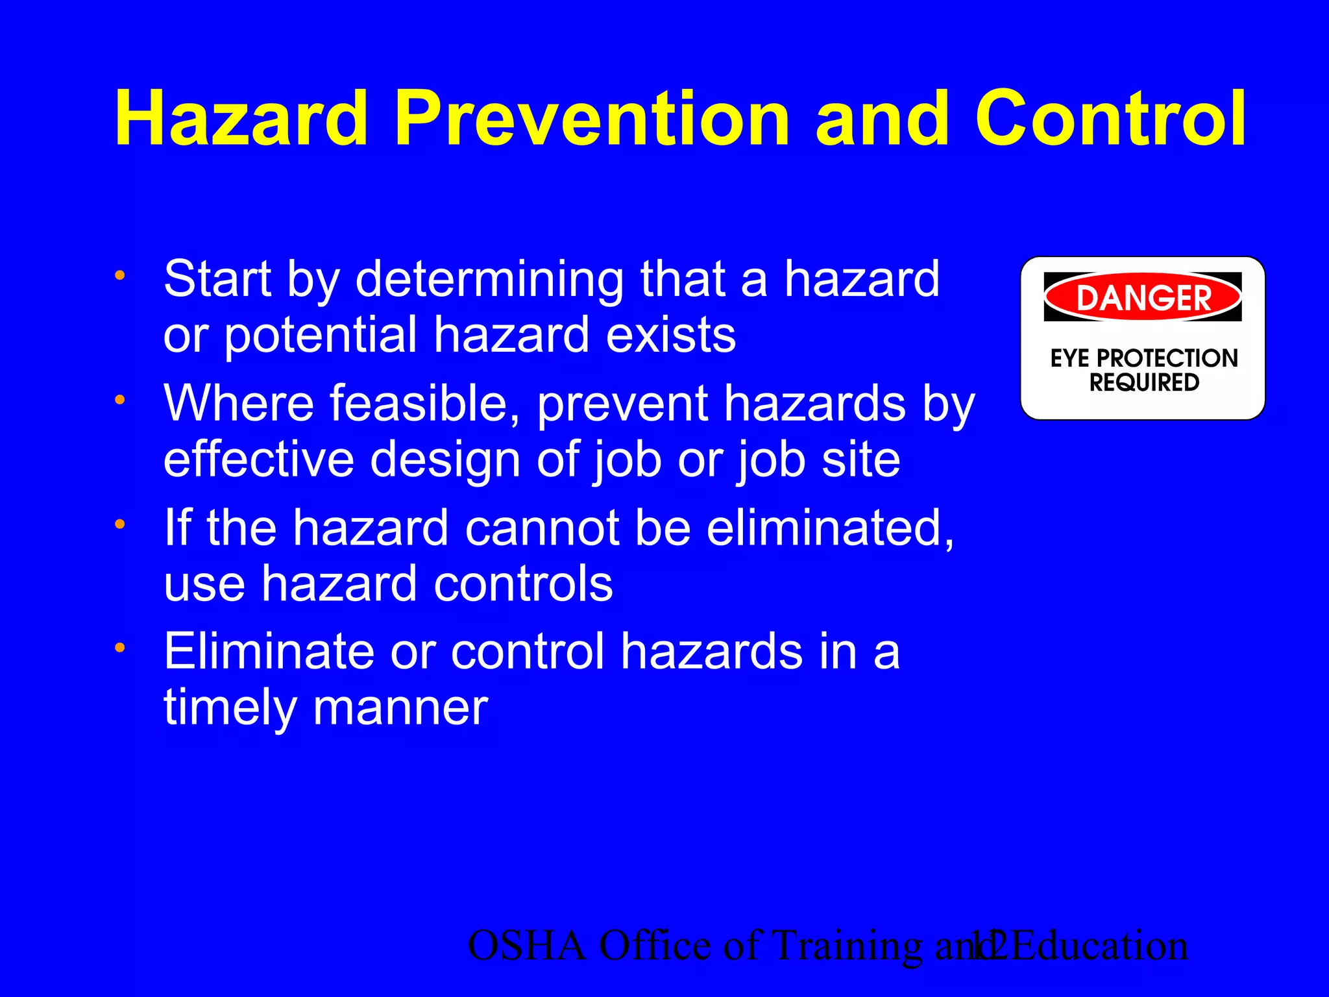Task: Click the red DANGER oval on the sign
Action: [x=1143, y=297]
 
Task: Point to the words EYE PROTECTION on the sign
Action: [x=1144, y=358]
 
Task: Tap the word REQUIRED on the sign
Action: [x=1144, y=383]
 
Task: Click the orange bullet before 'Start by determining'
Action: [x=119, y=275]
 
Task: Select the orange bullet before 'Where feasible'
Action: [x=119, y=400]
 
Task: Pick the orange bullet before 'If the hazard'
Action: [x=119, y=524]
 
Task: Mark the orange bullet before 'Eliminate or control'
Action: [x=119, y=648]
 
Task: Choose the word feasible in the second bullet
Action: [x=425, y=404]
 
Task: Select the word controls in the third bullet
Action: [x=523, y=584]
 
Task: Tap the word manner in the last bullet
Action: [x=400, y=708]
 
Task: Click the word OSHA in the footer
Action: [x=526, y=946]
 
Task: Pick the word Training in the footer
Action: [x=847, y=946]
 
